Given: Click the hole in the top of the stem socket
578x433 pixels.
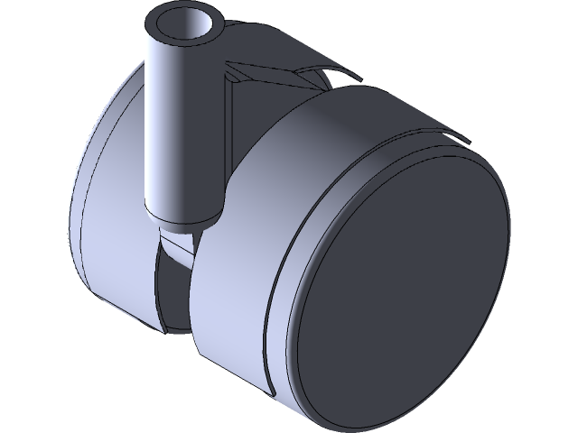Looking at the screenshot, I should (x=185, y=24).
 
